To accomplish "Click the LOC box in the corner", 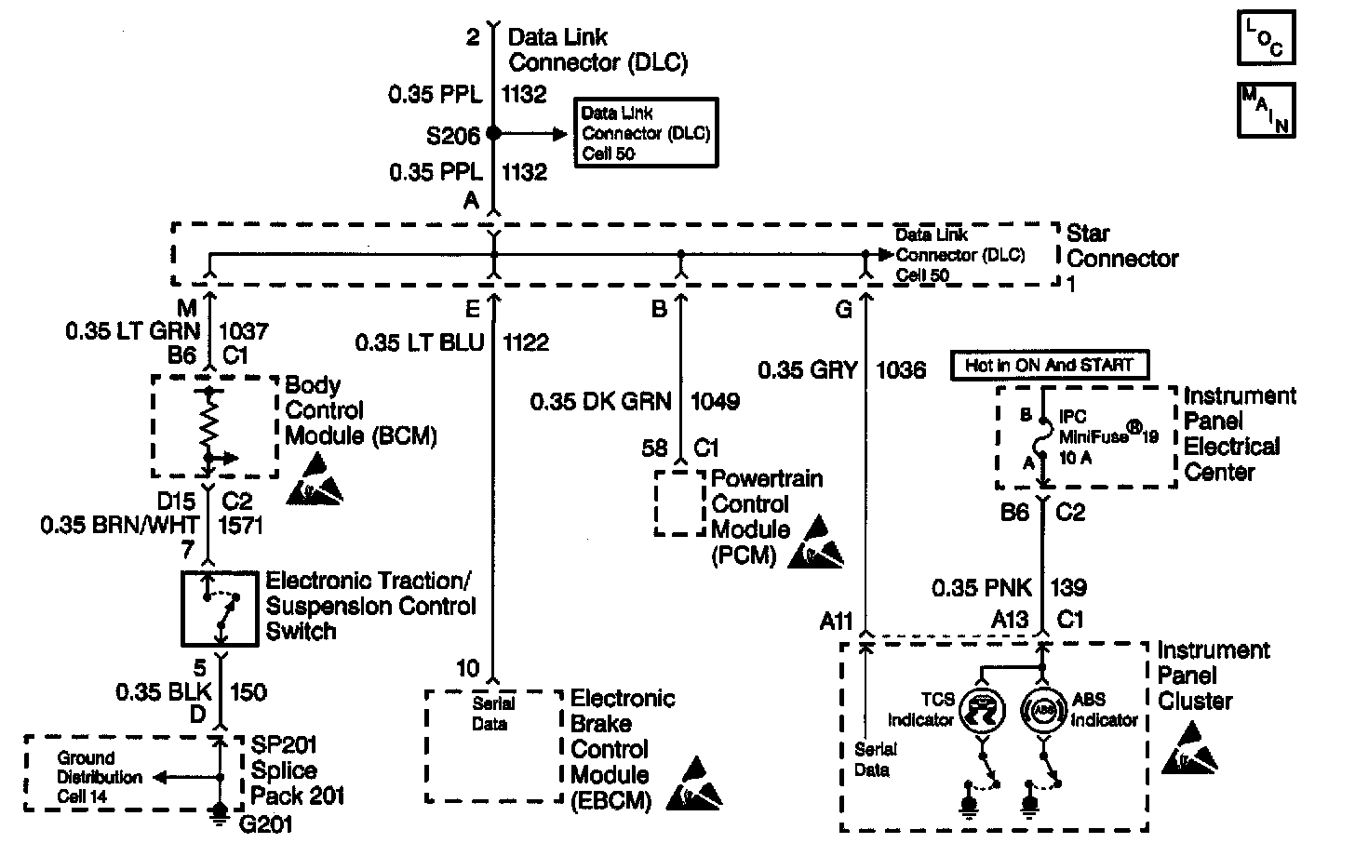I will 1266,38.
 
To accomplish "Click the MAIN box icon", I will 1266,109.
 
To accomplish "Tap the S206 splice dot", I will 493,134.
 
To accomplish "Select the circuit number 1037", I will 244,330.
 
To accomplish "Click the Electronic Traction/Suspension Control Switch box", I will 220,608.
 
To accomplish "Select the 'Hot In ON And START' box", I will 1049,366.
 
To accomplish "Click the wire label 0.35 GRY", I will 807,370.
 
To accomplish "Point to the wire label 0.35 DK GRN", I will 600,401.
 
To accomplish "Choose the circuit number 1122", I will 526,343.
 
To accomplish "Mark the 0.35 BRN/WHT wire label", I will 119,526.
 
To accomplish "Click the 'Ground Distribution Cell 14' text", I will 98,777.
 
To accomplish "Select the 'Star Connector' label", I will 1121,247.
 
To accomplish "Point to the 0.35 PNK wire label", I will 984,588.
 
